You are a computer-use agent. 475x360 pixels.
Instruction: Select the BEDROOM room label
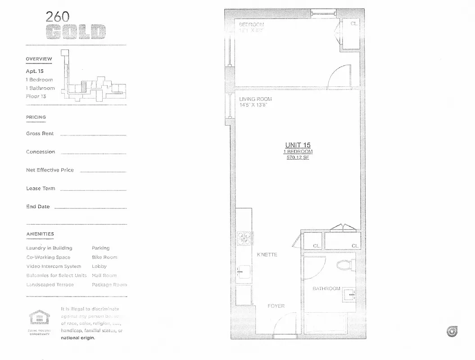(x=251, y=24)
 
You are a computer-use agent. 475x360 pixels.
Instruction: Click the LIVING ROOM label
(x=255, y=99)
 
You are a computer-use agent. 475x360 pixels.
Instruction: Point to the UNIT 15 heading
(x=298, y=145)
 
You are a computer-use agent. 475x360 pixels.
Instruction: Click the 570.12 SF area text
(x=298, y=158)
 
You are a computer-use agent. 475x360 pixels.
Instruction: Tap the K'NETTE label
(x=267, y=255)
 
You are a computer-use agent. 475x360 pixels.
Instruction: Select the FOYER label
(x=276, y=306)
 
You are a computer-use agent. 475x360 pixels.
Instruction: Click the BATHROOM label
(x=326, y=288)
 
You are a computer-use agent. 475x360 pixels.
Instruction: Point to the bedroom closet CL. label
(x=354, y=24)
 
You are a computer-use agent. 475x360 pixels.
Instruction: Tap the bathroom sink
(x=348, y=295)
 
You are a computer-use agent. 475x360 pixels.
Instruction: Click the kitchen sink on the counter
(x=244, y=272)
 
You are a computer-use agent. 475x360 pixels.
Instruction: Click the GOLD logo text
(x=76, y=32)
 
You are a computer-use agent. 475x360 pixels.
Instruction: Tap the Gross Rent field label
(x=40, y=134)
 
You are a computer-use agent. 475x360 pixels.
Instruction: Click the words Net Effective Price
(x=50, y=170)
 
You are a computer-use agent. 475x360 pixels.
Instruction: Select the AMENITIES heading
(x=40, y=234)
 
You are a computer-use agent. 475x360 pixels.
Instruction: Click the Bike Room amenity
(x=104, y=257)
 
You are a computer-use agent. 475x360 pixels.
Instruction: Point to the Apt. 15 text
(x=35, y=71)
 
